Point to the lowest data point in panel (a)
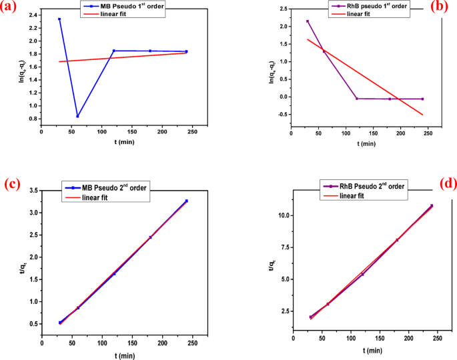tap(78, 116)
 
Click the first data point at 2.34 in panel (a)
tap(59, 19)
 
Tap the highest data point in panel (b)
tap(308, 21)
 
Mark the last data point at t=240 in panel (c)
tap(186, 201)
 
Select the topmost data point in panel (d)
tap(432, 205)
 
